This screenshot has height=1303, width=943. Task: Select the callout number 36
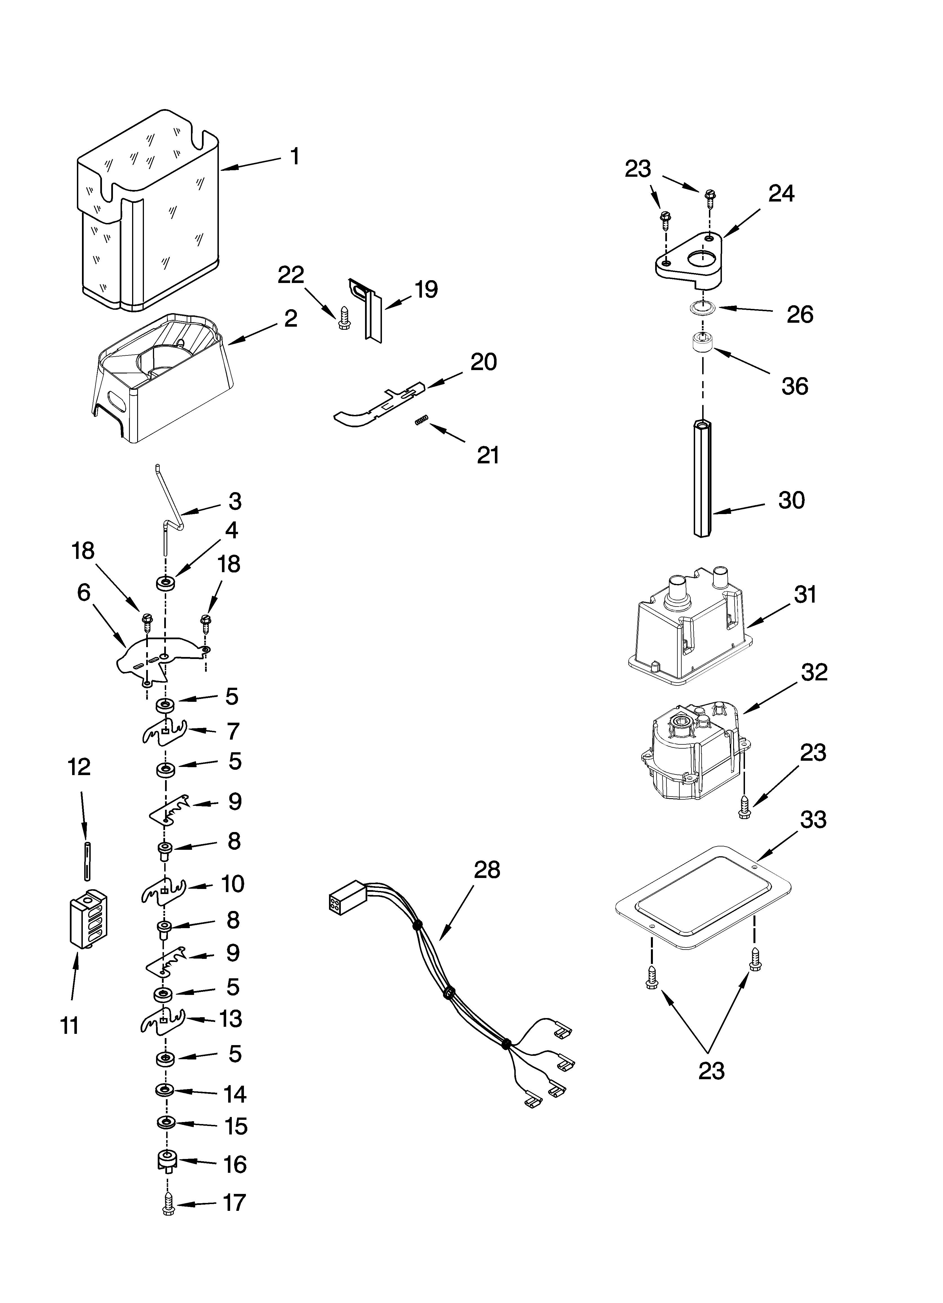[x=795, y=386]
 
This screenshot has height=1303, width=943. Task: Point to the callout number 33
[x=813, y=819]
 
